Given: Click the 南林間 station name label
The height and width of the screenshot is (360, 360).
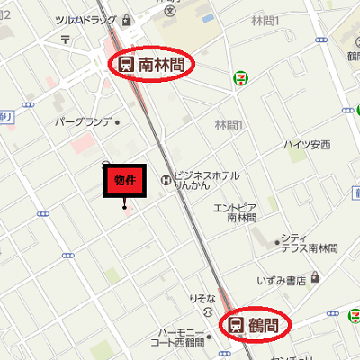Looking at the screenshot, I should (x=162, y=65).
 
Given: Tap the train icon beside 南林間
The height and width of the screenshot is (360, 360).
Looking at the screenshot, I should (x=125, y=65).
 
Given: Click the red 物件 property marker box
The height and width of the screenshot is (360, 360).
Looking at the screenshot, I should (x=124, y=180).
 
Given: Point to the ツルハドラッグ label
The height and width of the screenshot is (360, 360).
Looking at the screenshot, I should (x=86, y=19).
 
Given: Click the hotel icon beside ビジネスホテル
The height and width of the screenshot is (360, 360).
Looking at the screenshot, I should (x=165, y=179).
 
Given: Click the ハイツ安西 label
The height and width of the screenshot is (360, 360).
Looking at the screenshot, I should (x=307, y=144).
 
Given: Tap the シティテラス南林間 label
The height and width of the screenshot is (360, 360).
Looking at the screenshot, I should (x=309, y=242).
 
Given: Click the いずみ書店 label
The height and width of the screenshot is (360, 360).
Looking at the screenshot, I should (x=280, y=280).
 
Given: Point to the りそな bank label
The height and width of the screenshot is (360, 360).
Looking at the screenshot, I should (x=202, y=298).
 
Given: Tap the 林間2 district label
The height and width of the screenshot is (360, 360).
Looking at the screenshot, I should (x=230, y=125).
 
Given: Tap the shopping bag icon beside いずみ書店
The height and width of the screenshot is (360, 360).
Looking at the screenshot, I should (x=314, y=279).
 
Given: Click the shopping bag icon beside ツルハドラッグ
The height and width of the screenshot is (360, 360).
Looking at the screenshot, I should (x=127, y=19).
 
